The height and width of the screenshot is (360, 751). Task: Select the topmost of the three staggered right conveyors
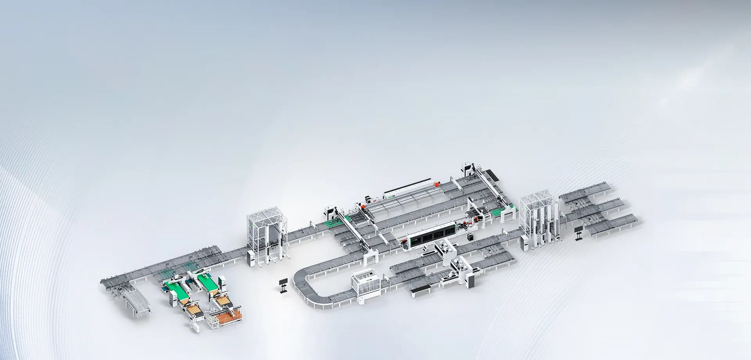[x=585, y=190]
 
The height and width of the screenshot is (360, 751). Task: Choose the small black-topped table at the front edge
[x=420, y=290]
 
